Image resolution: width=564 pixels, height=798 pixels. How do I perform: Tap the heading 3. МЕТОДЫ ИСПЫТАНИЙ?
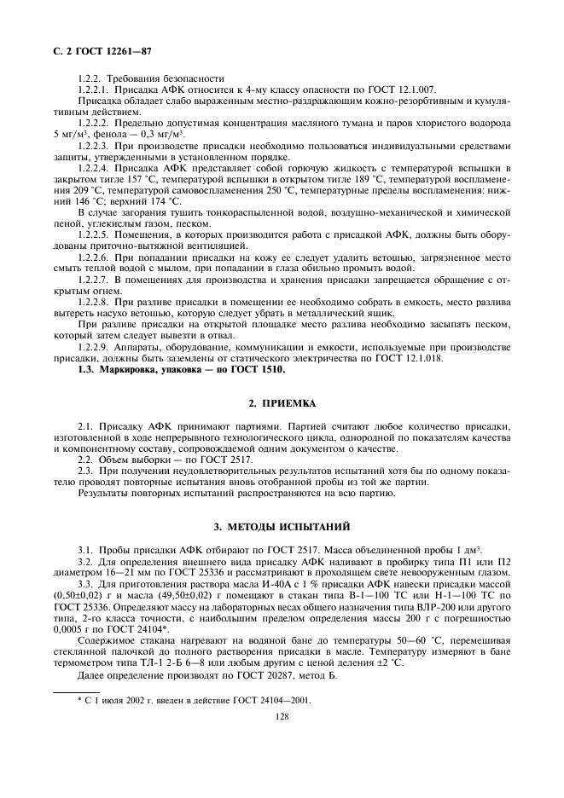[x=282, y=526]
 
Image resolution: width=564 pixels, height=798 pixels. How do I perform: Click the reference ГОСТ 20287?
[x=235, y=676]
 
